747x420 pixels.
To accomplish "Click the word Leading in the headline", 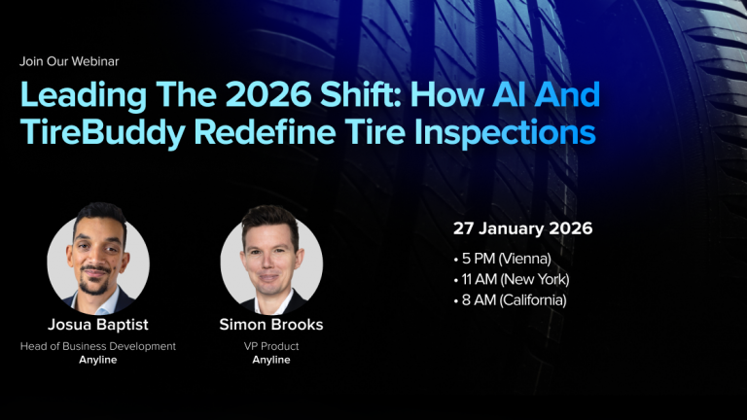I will (82, 95).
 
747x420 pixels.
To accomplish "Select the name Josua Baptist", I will (98, 325).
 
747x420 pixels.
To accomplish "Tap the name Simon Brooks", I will (271, 325).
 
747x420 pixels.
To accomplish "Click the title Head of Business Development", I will (98, 346).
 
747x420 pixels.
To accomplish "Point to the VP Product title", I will (271, 346).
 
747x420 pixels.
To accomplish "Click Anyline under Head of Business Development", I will (98, 360).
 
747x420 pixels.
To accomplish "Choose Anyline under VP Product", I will (271, 360).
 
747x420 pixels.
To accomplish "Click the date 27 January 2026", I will (522, 229).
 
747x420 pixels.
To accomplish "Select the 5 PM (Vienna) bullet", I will (503, 259).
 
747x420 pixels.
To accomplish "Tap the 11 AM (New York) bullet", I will (512, 279).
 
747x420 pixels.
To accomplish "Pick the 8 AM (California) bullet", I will (510, 299).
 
